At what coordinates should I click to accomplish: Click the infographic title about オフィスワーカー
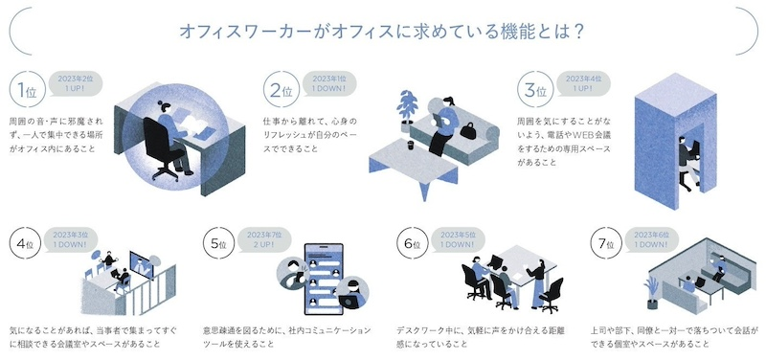point(383,30)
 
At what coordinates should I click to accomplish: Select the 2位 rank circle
point(281,92)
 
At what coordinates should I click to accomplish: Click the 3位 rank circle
point(534,92)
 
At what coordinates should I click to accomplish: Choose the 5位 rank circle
point(217,246)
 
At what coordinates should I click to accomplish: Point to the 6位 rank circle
point(412,246)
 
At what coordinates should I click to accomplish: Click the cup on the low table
point(410,146)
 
